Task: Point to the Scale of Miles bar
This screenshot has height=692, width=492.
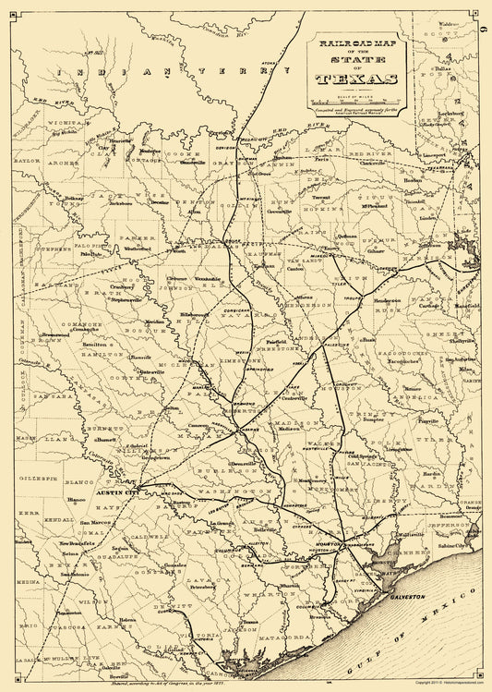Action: click(354, 102)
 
